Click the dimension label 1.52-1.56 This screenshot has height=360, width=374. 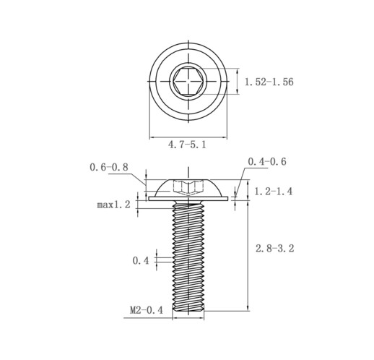click(x=269, y=82)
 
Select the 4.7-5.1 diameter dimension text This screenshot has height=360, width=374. click(x=187, y=145)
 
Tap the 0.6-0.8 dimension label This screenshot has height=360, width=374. click(x=109, y=167)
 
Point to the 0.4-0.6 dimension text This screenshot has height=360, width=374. click(x=267, y=161)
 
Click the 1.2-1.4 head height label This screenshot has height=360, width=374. click(x=274, y=192)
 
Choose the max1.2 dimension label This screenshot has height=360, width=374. click(x=113, y=205)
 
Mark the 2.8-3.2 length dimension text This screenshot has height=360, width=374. click(x=275, y=248)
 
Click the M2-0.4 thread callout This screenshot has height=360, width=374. click(x=147, y=310)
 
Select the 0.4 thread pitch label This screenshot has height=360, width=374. click(x=141, y=260)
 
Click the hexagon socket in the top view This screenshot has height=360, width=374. click(x=188, y=81)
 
